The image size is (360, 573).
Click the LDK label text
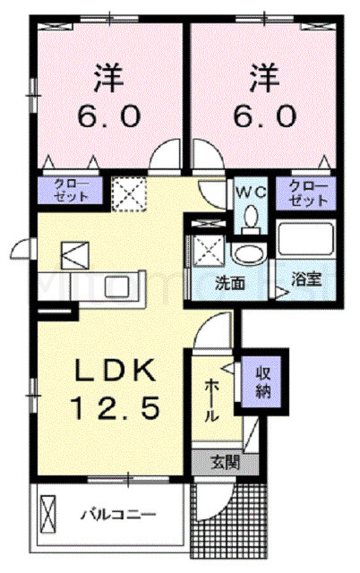pyautogui.click(x=112, y=370)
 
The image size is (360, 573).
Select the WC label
pyautogui.click(x=250, y=191)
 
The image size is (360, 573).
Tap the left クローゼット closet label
pyautogui.click(x=64, y=190)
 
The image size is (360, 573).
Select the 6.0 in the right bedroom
pyautogui.click(x=261, y=116)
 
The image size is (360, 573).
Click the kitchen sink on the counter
pyautogui.click(x=118, y=287)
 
